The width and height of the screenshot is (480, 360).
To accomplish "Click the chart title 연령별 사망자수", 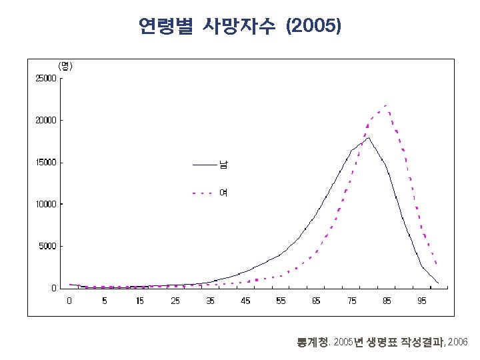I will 207,27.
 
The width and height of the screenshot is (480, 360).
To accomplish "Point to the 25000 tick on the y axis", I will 46,79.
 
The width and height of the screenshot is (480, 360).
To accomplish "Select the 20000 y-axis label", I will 46,121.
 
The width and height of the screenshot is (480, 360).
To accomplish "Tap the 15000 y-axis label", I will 46,163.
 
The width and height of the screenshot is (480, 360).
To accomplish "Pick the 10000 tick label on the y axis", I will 46,205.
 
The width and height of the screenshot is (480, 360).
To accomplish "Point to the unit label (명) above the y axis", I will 65,66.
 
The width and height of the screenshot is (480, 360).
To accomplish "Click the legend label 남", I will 224,163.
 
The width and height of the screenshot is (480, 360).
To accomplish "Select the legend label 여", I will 224,193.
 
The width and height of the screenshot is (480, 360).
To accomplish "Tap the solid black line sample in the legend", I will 205,164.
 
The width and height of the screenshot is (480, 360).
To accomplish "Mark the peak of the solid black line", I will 369,138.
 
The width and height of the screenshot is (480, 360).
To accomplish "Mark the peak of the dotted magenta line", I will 386,106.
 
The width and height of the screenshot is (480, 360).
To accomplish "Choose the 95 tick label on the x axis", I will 422,301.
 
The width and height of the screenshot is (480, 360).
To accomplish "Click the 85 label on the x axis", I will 387,301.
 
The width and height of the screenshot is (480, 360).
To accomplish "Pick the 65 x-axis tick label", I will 316,301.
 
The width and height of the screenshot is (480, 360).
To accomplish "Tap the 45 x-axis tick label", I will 245,301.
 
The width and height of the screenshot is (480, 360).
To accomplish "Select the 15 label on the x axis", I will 140,301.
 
